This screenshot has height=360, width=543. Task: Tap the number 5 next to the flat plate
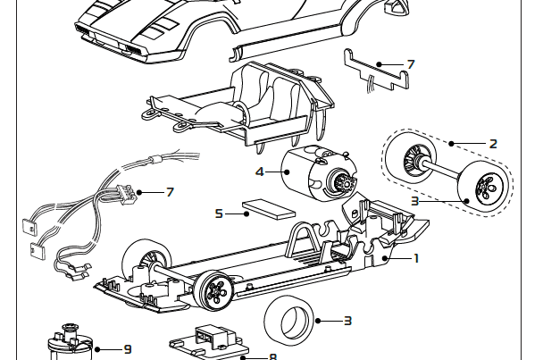coord(219,213)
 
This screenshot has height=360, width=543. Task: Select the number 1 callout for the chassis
coord(415,258)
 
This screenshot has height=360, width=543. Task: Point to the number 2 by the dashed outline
coord(492,143)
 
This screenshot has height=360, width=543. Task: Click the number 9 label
coord(128,349)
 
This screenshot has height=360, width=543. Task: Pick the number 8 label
coord(272,356)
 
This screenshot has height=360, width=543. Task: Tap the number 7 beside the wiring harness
coord(170,191)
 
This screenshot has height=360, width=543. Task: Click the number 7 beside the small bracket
coord(410,64)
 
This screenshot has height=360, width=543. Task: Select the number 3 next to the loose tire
coord(347,320)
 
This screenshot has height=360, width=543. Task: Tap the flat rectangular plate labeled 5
coord(270,209)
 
